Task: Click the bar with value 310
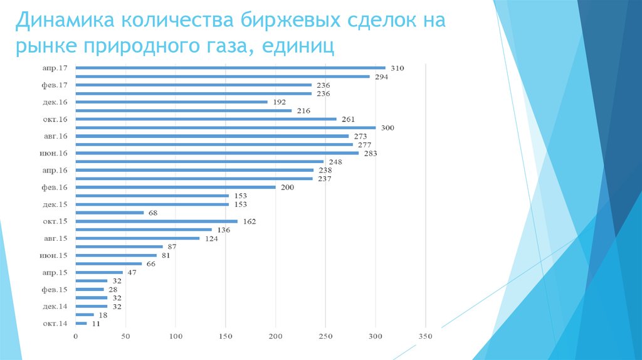(230, 68)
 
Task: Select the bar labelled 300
(226, 127)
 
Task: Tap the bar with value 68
(110, 213)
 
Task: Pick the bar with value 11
(82, 324)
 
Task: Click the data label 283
(370, 153)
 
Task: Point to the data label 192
(279, 102)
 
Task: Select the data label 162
(250, 221)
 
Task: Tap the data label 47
(132, 273)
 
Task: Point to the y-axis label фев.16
(55, 187)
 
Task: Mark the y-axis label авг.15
(55, 238)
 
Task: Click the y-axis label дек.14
(55, 307)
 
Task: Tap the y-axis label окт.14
(55, 324)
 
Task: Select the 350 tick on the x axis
(425, 337)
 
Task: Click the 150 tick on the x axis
(226, 337)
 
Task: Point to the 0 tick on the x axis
(76, 337)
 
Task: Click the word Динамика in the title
(63, 20)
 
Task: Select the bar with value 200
(176, 187)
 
